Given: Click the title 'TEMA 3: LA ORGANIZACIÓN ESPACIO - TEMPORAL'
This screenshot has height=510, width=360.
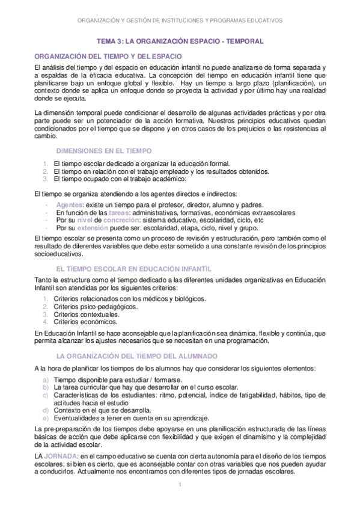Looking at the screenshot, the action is pos(180,41).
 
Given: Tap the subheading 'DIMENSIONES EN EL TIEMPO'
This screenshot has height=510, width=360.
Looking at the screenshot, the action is pos(103,151).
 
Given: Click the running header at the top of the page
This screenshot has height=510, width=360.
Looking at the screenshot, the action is pos(180,20).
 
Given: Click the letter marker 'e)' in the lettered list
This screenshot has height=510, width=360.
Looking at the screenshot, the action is pos(46,418).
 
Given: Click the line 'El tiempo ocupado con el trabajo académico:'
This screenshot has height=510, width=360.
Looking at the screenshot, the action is pos(120,179).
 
